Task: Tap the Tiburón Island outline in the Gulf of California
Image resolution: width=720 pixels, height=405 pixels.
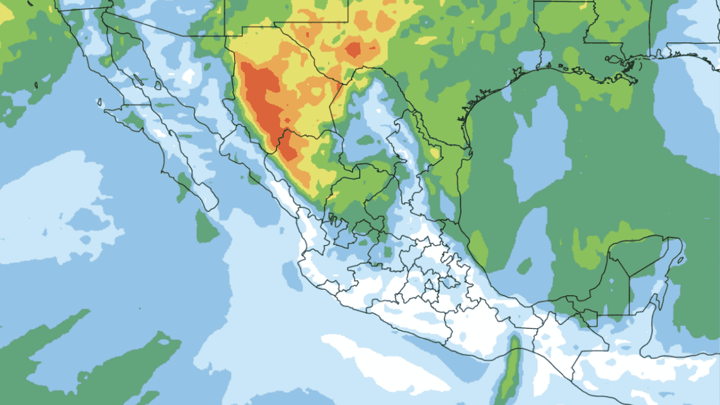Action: [158, 85]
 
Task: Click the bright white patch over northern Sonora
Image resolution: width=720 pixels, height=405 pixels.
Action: [188, 76]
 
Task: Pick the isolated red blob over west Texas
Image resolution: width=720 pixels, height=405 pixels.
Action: [353, 49]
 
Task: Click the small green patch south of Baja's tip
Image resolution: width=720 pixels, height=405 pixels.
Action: [206, 227]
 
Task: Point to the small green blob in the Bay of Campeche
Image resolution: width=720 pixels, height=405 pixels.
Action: [525, 266]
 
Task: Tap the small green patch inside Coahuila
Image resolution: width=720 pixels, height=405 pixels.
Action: [366, 139]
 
